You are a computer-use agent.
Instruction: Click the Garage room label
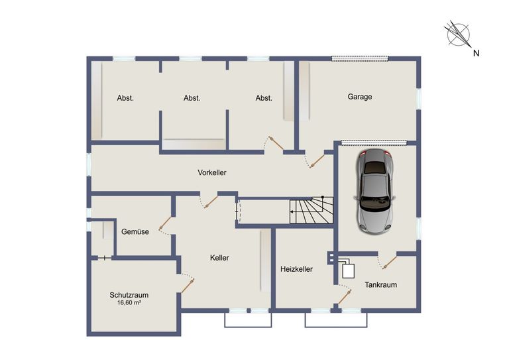coord(360,97)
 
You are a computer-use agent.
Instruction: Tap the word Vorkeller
coord(212,172)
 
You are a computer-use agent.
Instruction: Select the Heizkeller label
coord(296,269)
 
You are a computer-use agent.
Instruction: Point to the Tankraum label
coord(381,284)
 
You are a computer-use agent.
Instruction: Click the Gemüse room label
coord(135,231)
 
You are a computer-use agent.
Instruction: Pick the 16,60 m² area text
coord(129,302)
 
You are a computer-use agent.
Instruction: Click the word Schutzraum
coord(129,295)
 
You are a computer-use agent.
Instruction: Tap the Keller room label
coord(219,258)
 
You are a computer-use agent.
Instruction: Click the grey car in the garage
coord(375,191)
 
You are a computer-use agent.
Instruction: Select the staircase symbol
coord(311,210)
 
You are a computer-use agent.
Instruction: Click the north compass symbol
coord(458,33)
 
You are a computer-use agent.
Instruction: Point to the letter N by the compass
coord(477,53)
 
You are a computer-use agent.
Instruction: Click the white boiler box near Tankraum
coord(349,271)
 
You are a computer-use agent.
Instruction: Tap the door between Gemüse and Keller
coord(165,224)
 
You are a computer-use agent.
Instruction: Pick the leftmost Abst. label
coord(125,98)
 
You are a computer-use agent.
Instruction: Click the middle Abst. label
coord(192,98)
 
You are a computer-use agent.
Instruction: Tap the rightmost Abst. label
coord(264,98)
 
